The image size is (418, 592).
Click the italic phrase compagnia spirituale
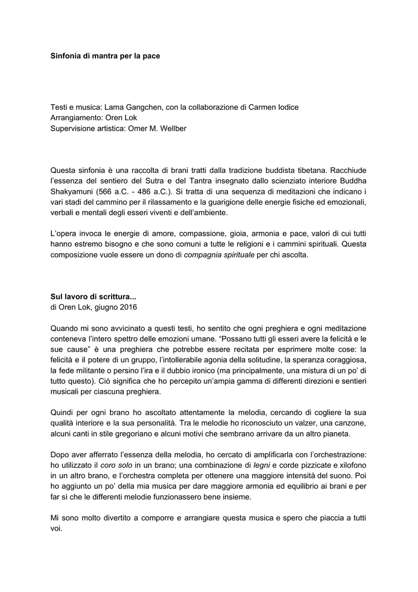pos(219,254)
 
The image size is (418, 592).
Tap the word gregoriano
pos(141,434)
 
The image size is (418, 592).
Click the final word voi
pos(56,528)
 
